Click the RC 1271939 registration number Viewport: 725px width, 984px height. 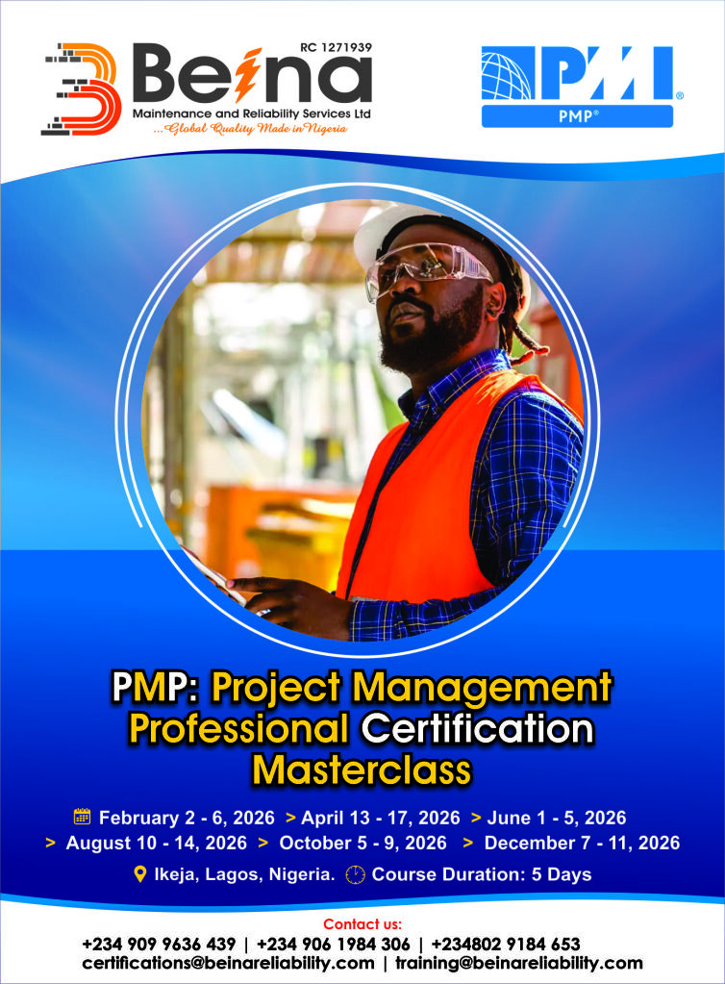337,47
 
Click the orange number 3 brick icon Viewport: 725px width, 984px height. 81,88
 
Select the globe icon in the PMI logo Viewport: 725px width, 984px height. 507,73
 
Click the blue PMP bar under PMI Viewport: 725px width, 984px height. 577,116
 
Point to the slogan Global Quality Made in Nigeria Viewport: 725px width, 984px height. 251,129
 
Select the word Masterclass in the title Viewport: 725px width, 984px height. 362,770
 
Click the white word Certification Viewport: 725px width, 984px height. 477,729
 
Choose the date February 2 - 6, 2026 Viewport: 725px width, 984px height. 187,818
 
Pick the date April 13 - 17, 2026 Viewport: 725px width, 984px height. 381,818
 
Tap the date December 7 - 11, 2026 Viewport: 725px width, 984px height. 582,843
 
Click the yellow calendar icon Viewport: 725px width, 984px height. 82,817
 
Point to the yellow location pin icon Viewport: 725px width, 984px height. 140,874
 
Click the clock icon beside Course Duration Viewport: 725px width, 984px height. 356,874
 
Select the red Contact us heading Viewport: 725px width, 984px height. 362,923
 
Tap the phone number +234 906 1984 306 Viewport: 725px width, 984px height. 333,944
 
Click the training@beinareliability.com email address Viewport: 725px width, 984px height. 519,963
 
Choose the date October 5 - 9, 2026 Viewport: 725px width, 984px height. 363,843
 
